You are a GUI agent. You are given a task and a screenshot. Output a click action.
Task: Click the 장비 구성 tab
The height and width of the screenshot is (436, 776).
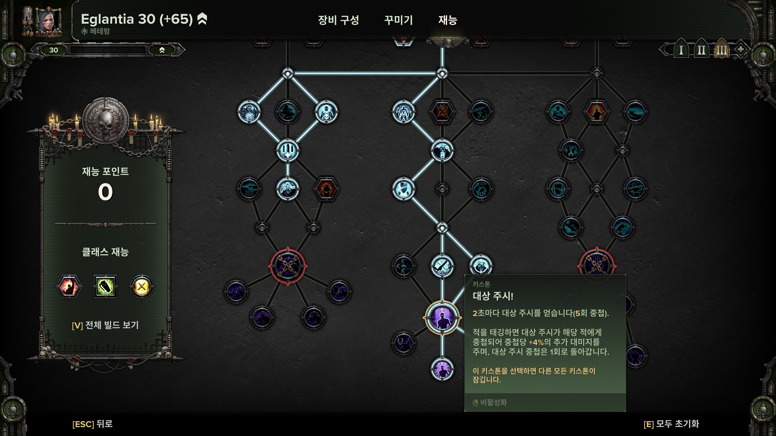coord(338,20)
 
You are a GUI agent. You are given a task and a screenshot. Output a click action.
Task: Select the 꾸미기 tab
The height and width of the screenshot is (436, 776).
coord(398,20)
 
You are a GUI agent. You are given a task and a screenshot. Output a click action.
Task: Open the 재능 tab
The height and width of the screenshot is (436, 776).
coord(447,20)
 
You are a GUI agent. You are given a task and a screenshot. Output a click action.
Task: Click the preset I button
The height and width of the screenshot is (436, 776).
coord(681,50)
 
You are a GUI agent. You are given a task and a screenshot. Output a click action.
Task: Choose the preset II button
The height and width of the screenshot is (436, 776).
coord(701,50)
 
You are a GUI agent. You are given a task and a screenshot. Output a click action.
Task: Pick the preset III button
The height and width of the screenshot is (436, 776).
coord(721,50)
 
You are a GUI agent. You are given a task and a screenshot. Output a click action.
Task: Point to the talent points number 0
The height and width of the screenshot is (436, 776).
coord(105,192)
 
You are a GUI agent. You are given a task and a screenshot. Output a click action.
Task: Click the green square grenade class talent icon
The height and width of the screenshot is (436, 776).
coord(105,287)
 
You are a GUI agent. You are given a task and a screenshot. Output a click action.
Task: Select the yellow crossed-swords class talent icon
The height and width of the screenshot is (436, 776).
coord(141,287)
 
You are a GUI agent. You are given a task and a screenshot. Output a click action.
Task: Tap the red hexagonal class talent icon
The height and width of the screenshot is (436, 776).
coord(69,287)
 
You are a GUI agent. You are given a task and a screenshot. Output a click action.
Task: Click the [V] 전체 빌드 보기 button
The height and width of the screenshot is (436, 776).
coord(105,325)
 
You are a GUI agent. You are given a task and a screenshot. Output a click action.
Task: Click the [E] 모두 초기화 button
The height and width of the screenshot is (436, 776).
coord(671,424)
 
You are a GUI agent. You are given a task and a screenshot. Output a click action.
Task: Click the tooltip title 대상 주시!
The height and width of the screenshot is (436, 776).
coord(493,296)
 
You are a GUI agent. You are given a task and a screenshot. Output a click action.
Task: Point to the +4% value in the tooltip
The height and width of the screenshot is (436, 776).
coord(536,342)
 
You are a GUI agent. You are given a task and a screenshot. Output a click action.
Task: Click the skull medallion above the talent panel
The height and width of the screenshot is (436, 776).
coord(105,120)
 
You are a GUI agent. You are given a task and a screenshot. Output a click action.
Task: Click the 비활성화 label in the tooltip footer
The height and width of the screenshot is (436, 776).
coord(493,402)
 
